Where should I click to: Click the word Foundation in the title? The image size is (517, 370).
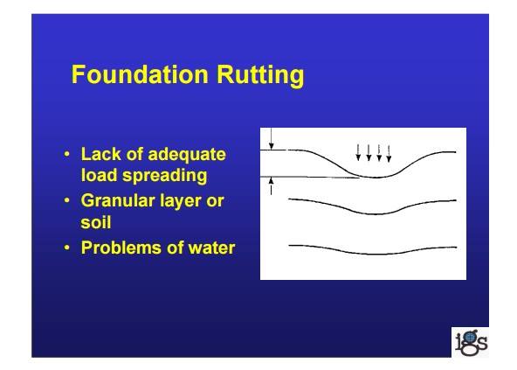140,74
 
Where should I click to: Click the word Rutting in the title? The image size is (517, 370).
260,76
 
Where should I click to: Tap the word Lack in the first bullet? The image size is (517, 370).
100,154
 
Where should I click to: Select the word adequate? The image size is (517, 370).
187,155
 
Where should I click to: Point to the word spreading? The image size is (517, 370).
165,176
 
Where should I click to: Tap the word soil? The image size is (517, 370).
96,222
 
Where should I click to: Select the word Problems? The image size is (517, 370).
121,248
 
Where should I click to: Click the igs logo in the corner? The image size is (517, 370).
471,343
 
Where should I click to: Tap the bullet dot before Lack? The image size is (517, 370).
67,154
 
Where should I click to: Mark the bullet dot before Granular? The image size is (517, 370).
67,200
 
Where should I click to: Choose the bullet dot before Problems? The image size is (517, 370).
67,248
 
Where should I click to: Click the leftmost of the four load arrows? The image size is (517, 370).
358,152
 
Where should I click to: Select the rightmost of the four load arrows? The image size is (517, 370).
389,154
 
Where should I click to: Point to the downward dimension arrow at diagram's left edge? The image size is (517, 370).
271,139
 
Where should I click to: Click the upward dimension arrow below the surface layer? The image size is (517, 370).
271,186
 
